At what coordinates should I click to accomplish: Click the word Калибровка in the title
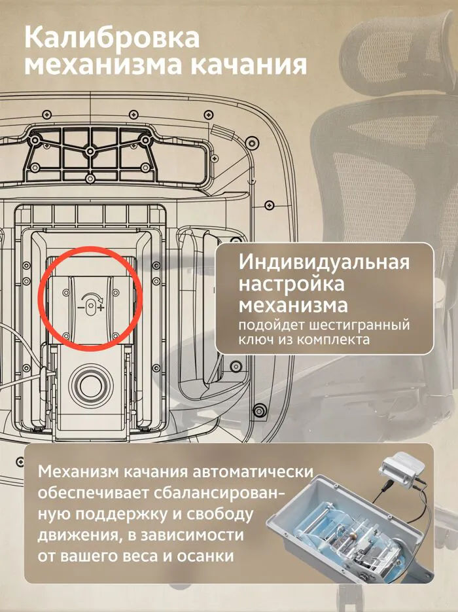click(x=112, y=37)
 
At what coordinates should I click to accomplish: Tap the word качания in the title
click(x=248, y=65)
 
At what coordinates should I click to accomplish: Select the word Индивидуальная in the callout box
click(x=324, y=262)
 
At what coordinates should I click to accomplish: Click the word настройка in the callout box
click(x=291, y=284)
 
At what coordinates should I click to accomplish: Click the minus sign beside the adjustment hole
click(x=80, y=308)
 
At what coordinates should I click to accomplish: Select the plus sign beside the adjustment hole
click(x=101, y=308)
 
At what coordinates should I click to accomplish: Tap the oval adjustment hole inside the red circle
click(x=90, y=307)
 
